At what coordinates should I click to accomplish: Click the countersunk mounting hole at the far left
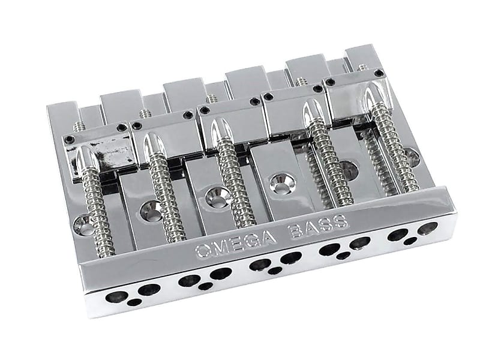[x=83, y=226]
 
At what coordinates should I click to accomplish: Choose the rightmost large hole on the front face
[x=428, y=228]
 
